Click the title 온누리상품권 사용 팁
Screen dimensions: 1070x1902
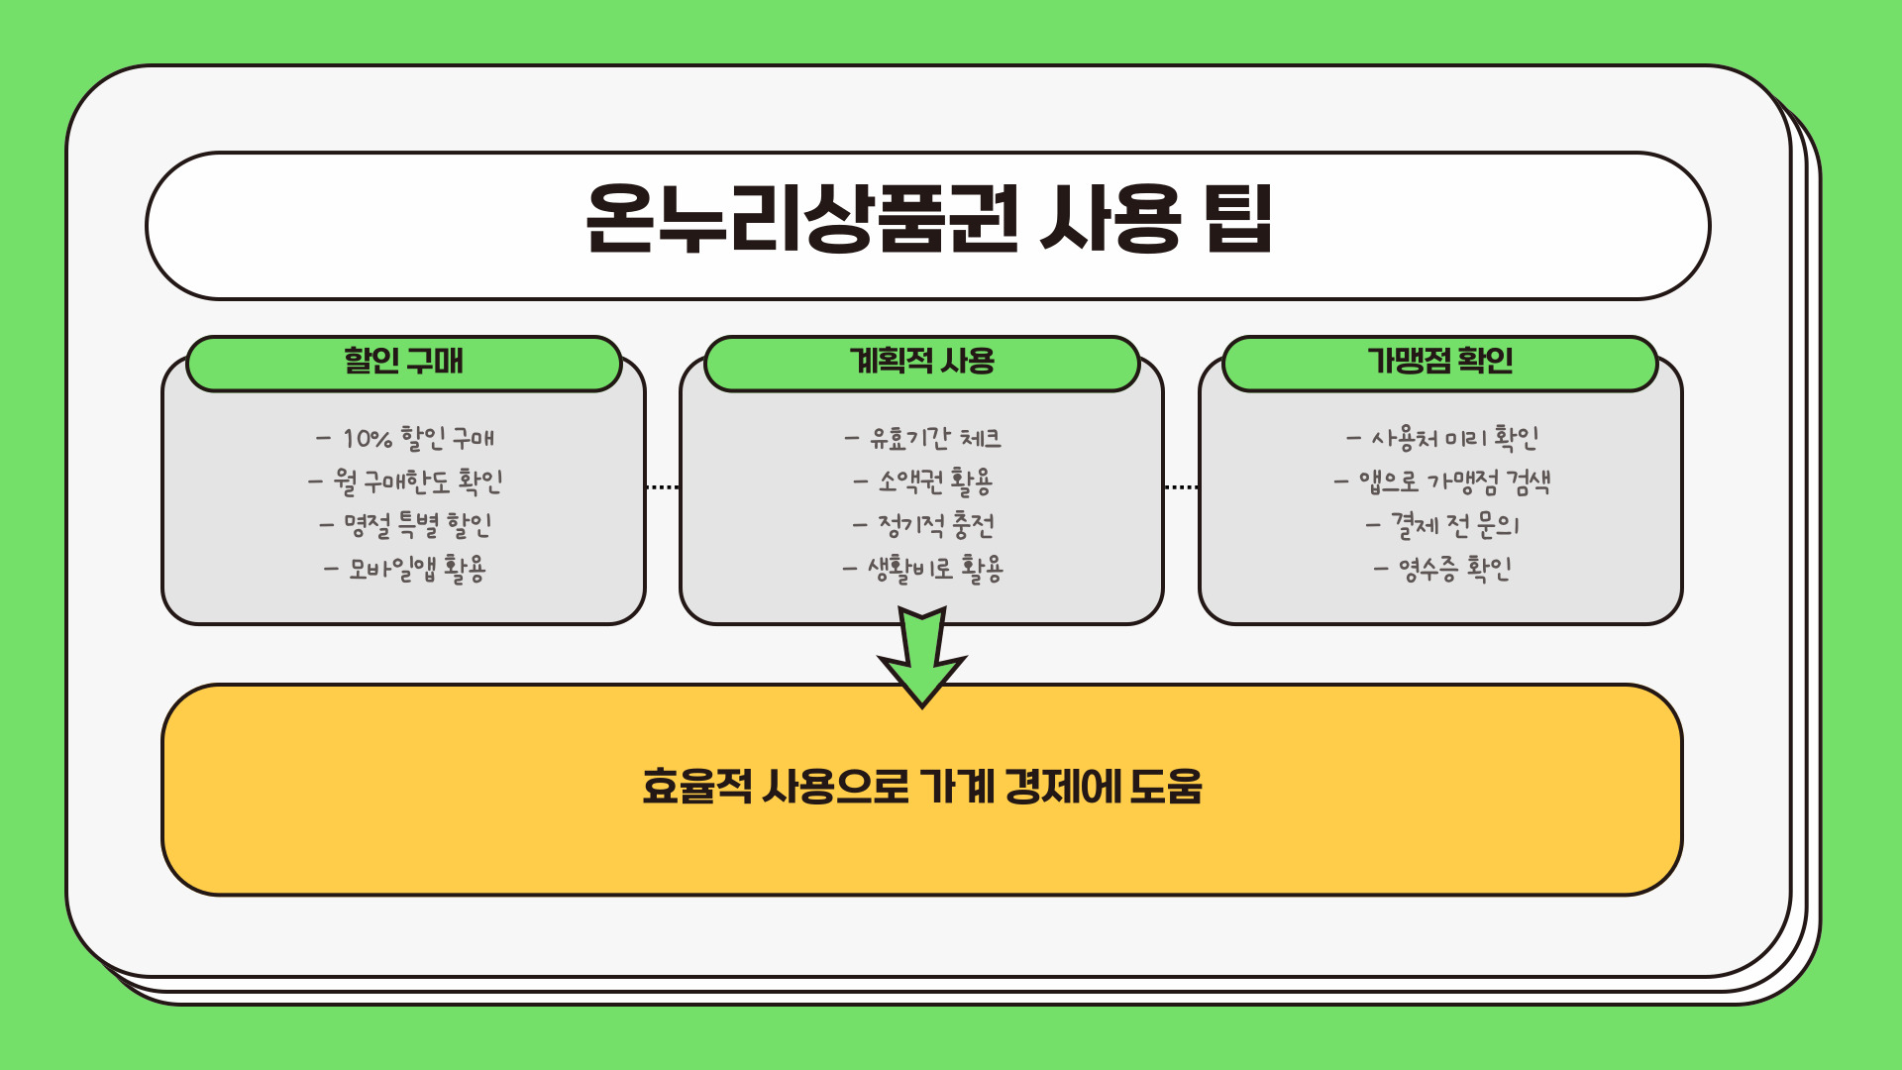[x=928, y=219]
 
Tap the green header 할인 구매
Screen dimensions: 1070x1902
[x=403, y=362]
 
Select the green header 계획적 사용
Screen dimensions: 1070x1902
[x=921, y=362]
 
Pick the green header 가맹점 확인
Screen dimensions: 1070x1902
[x=1439, y=362]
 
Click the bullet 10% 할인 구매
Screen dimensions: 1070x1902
[x=405, y=438]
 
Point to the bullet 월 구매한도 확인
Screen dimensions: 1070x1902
[x=405, y=481]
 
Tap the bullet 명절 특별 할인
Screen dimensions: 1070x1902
[x=405, y=525]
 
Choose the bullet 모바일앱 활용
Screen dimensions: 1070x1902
[x=405, y=569]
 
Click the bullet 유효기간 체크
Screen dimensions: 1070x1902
[x=923, y=438]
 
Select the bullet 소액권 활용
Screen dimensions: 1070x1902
[x=923, y=481]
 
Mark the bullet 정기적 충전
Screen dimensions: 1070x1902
[x=923, y=525]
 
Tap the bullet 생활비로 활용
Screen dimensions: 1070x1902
[x=923, y=569]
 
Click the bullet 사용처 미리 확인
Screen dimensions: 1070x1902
[x=1442, y=438]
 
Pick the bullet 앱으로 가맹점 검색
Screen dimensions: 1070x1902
[x=1442, y=481]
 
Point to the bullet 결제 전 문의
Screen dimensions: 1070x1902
[x=1442, y=525]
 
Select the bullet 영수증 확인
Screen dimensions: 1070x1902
[x=1442, y=569]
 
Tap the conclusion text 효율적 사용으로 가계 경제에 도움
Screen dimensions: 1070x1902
[x=922, y=788]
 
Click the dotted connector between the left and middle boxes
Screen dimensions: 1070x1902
[x=662, y=487]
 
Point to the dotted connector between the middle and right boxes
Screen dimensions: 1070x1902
[x=1181, y=487]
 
